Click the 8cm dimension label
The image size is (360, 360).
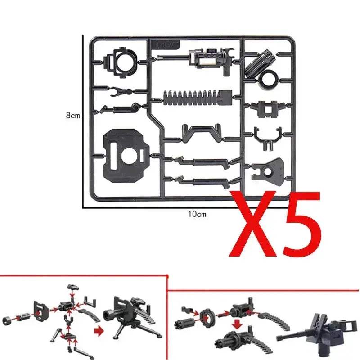pos(73,115)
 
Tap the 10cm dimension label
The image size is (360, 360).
pos(197,214)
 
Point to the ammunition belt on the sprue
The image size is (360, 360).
pos(198,98)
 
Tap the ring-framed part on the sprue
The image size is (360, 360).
pos(121,62)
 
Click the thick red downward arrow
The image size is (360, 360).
pos(237,325)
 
